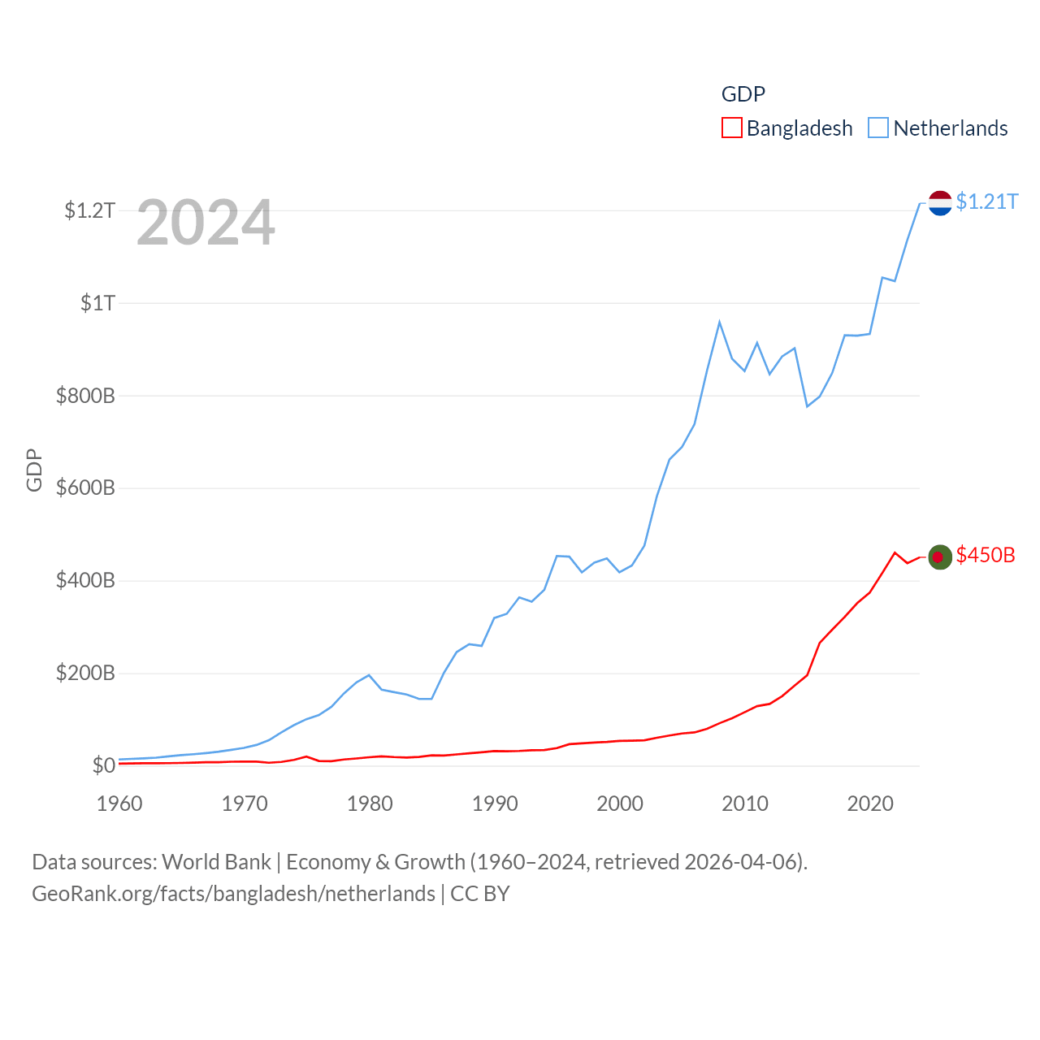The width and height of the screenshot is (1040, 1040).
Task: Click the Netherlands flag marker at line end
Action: point(940,203)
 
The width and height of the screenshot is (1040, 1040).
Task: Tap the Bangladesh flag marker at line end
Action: point(940,557)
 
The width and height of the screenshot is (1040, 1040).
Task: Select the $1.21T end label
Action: point(986,201)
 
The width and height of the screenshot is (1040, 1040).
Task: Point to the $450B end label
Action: point(986,555)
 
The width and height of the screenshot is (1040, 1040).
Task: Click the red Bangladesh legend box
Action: point(731,128)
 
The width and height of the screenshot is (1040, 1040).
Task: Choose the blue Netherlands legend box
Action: point(878,128)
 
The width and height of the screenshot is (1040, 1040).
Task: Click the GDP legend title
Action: point(743,94)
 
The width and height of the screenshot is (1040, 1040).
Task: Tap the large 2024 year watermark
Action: point(206,223)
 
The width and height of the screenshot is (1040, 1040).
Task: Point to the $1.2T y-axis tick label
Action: point(89,211)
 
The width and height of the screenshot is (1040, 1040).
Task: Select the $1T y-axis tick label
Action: point(97,304)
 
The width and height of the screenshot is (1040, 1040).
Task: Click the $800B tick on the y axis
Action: point(85,396)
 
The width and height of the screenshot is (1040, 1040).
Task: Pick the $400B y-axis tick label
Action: point(85,581)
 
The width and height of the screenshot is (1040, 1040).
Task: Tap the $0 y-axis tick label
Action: point(104,765)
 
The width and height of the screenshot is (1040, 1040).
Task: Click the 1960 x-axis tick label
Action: point(119,804)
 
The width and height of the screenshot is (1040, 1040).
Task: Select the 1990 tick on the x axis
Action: point(495,804)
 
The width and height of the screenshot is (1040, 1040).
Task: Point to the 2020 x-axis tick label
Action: point(870,804)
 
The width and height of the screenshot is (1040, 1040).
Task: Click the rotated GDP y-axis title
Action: point(34,470)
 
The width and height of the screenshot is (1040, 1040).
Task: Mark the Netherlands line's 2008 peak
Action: point(719,323)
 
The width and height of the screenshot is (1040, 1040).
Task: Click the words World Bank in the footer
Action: point(216,861)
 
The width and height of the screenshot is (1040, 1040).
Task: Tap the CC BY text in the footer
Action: point(479,894)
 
